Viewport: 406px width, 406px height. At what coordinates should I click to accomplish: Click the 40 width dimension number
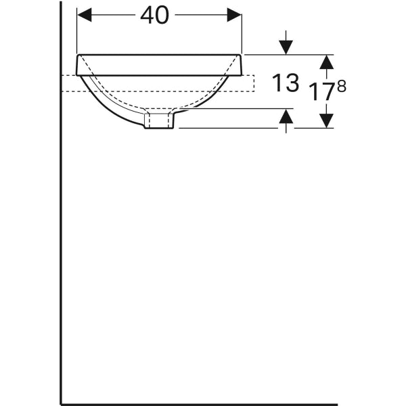(x=154, y=15)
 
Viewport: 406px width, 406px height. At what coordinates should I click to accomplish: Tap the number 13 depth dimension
(x=285, y=83)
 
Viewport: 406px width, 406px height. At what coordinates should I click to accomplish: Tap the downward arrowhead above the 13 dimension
(x=286, y=47)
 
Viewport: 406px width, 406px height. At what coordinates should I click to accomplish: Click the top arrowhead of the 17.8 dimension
(x=327, y=62)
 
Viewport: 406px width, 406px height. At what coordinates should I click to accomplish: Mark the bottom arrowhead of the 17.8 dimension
(x=327, y=120)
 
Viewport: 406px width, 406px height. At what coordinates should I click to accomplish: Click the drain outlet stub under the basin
(x=160, y=121)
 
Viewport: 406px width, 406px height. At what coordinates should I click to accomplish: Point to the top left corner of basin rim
(x=78, y=55)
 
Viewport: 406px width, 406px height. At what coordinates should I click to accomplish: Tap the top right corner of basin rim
(x=241, y=55)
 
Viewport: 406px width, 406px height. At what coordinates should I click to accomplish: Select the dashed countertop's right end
(x=254, y=83)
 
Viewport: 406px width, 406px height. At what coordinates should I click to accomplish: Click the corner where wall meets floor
(x=62, y=403)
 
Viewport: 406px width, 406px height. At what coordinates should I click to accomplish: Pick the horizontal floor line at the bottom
(x=203, y=403)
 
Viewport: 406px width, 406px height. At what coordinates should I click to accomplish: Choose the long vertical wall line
(x=62, y=237)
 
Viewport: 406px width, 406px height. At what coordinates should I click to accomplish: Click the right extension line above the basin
(x=242, y=30)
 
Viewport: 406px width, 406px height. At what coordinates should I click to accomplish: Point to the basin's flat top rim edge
(x=160, y=54)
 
